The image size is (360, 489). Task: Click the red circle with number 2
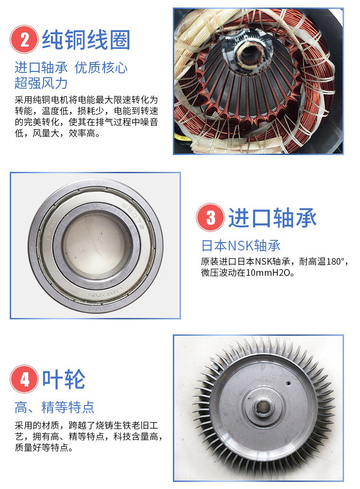pos(24,40)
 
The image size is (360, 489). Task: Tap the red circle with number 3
pos(210,217)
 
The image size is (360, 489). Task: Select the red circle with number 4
pos(24,379)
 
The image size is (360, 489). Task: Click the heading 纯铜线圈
pos(86,40)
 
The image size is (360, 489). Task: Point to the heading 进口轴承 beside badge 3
pos(272,218)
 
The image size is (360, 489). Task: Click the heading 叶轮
pos(64,379)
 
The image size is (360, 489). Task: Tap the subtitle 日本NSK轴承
pos(241,246)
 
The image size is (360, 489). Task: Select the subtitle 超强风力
pos(41,83)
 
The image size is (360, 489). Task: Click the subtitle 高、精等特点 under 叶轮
pos(54,407)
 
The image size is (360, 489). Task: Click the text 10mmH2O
pos(268,273)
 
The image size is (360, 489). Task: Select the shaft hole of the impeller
pos(263,406)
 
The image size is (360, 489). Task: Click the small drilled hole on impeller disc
pos(288,383)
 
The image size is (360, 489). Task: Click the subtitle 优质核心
pos(101,68)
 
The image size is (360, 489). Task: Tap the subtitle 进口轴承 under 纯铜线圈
pos(41,68)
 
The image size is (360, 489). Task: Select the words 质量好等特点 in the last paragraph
pos(44,448)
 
